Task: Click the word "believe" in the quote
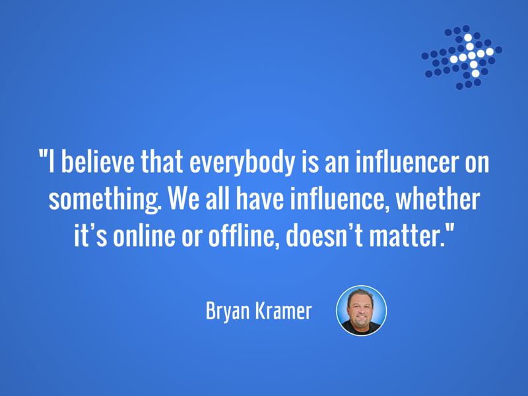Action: (98, 162)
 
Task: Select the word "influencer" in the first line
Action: (407, 162)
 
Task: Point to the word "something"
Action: (105, 200)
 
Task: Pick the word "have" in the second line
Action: (259, 199)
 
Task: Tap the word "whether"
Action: (438, 199)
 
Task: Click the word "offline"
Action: (244, 236)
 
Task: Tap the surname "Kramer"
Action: (283, 310)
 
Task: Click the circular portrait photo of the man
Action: (361, 310)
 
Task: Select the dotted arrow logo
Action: (461, 57)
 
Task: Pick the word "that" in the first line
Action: (162, 162)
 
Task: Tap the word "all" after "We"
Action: (218, 199)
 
